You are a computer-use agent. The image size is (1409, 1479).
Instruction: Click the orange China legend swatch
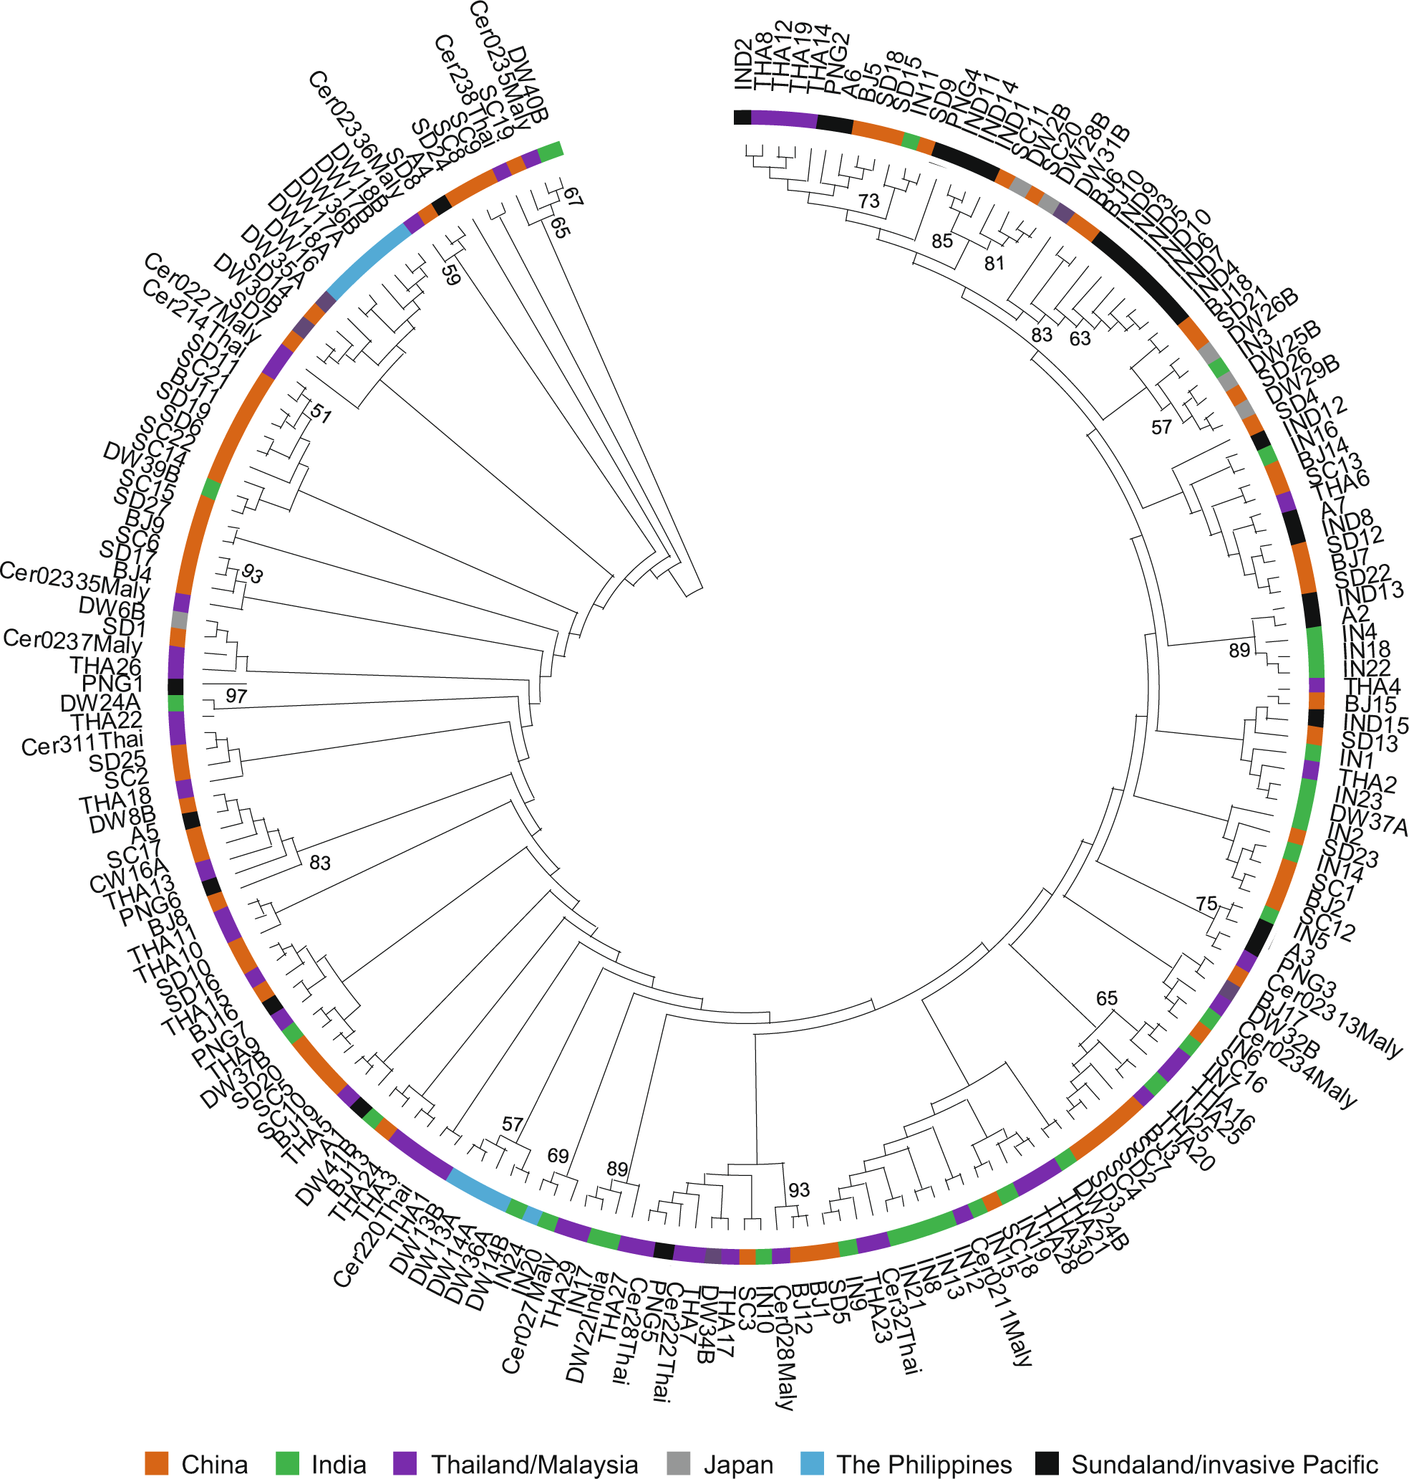point(155,1463)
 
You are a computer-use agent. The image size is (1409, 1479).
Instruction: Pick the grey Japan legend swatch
point(678,1463)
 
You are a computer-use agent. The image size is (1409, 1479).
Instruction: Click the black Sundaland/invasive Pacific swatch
point(1046,1463)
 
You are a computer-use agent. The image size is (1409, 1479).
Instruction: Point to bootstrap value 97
point(236,695)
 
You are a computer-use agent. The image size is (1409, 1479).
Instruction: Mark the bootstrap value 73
point(868,201)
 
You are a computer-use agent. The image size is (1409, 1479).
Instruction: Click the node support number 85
point(941,241)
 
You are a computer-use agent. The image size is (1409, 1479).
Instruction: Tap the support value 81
point(994,263)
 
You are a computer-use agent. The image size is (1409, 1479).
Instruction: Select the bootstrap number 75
point(1206,904)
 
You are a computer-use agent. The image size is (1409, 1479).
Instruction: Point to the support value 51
point(321,413)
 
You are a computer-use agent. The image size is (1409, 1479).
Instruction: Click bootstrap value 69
point(557,1155)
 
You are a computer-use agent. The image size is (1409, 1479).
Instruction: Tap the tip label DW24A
point(101,703)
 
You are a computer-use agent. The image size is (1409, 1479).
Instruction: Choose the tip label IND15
point(1375,723)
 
